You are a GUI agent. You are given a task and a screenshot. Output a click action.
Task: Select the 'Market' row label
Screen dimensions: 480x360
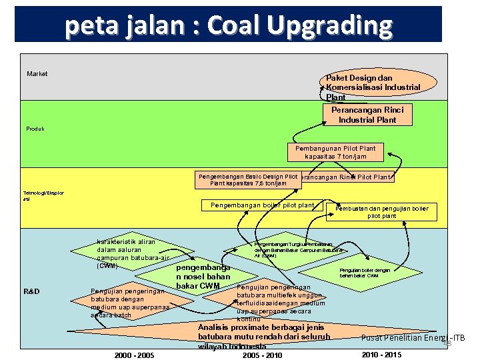tap(37, 74)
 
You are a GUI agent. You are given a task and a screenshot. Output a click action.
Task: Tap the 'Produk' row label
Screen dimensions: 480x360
tap(36, 129)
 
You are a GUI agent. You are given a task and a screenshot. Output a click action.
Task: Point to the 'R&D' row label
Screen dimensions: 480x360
tap(31, 292)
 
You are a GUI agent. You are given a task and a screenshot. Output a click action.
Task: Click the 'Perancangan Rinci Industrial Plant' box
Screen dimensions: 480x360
tap(367, 115)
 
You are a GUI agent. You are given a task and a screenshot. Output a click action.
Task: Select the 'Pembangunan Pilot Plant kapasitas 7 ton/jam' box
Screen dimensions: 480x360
tap(340, 153)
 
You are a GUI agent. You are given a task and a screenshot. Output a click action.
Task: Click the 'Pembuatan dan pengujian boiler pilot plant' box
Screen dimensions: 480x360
tap(391, 213)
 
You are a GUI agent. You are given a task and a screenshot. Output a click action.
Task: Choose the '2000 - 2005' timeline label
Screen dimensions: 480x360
tap(134, 355)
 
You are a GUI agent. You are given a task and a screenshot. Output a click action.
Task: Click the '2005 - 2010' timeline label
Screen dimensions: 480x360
tap(262, 355)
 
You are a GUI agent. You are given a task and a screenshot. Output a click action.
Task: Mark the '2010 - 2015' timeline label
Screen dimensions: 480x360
tap(381, 354)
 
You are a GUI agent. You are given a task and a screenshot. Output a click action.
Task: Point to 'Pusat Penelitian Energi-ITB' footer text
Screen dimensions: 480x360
tap(413, 338)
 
